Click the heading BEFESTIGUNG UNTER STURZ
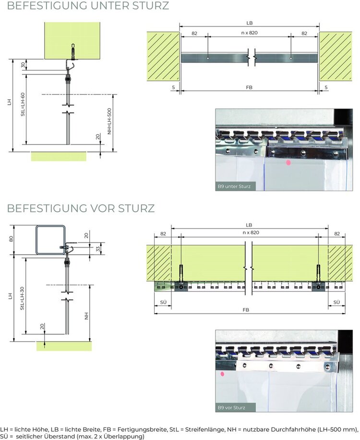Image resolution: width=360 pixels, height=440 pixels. pos(88,6)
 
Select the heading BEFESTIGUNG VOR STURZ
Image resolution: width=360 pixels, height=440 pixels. pos(81,209)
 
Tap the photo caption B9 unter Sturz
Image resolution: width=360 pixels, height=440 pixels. pos(236,186)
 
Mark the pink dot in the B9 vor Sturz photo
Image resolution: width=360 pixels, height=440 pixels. pos(223,373)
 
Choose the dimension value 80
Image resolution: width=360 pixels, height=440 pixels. pos(11,239)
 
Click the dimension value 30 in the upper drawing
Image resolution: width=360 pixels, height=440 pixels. pos(23,65)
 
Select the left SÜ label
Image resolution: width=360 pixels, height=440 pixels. pos(163,302)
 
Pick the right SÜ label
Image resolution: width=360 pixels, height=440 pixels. pos(336,302)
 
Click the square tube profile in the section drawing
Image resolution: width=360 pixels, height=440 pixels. pos(50,239)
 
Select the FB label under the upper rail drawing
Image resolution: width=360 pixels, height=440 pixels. pos(249,87)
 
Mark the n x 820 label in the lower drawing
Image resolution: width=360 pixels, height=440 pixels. pos(249,232)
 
